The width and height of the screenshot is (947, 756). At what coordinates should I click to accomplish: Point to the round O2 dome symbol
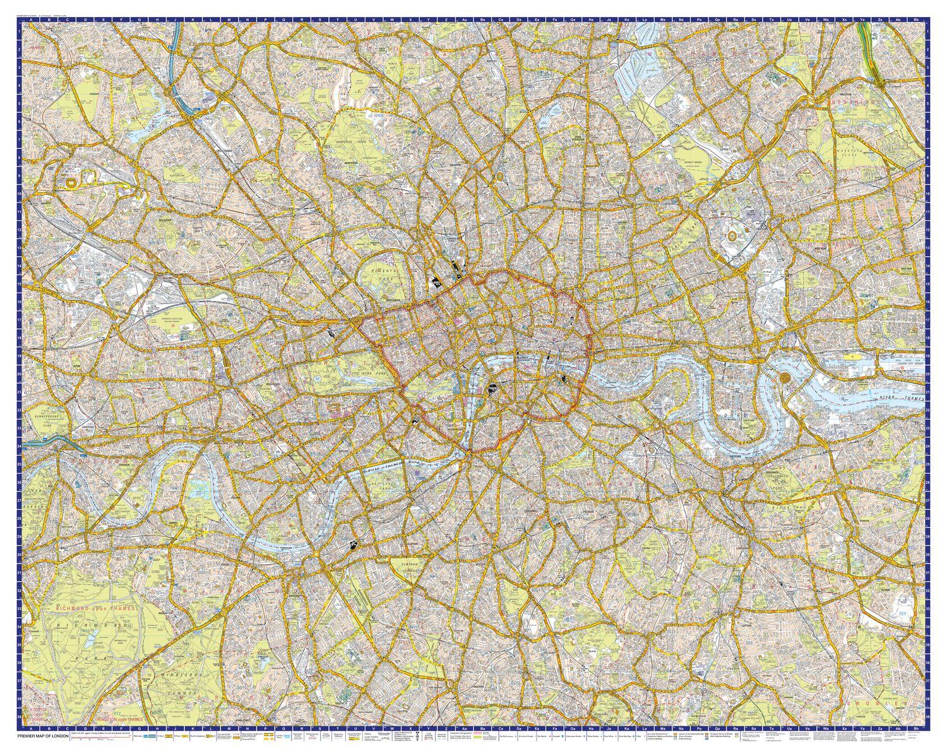(786, 377)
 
